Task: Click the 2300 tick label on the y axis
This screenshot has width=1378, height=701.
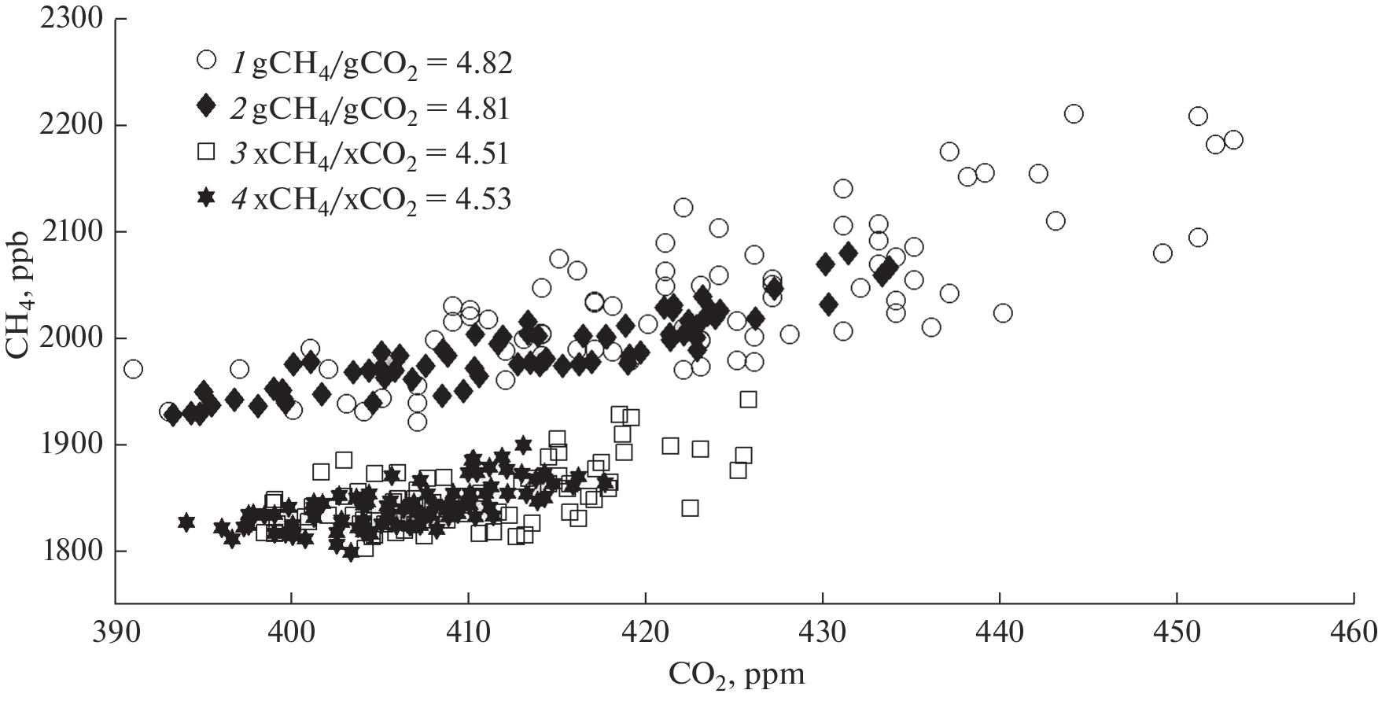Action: point(72,19)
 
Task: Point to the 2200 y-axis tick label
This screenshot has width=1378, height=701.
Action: point(72,126)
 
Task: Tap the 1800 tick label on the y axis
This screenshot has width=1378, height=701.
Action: point(72,552)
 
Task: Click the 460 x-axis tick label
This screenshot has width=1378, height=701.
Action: point(1354,631)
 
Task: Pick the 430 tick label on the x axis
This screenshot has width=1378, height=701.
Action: point(823,631)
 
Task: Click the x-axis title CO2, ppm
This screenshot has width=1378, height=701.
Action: point(736,674)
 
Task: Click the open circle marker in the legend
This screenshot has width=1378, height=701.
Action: point(207,60)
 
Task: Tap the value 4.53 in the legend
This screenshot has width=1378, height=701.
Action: point(481,199)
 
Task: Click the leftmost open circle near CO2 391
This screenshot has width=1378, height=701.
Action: point(134,369)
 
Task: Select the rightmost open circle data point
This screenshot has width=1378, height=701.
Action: point(1233,140)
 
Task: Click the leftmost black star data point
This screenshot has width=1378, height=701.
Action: point(186,522)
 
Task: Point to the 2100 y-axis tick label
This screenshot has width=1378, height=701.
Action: point(72,232)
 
